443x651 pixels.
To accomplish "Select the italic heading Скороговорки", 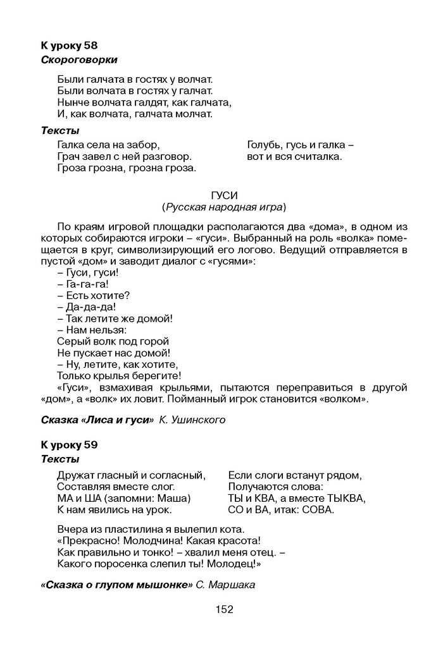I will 79,60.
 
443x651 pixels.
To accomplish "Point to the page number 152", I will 224,610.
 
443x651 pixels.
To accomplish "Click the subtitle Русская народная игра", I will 223,207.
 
